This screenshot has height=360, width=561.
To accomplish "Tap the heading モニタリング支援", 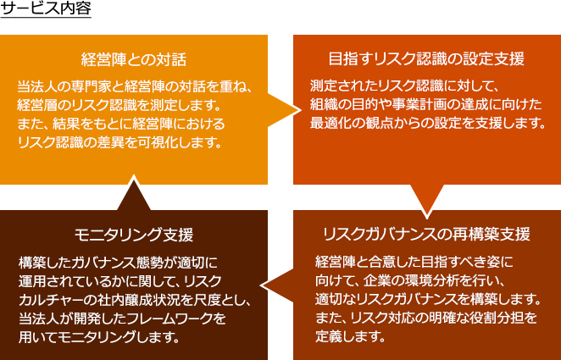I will [134, 234].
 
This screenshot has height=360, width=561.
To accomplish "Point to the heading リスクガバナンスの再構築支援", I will [426, 234].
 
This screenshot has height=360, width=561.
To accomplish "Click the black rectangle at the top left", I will [46, 9].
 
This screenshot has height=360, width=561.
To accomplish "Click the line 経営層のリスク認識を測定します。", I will [119, 104].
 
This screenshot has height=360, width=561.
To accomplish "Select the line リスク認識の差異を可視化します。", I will [119, 142].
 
